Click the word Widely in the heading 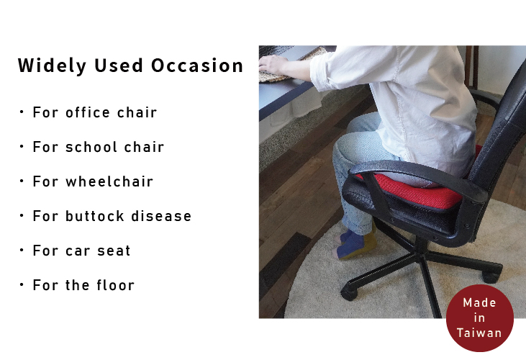[52, 66]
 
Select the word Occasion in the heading [197, 66]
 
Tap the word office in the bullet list [88, 112]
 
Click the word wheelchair [109, 181]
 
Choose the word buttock [95, 216]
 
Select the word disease [161, 216]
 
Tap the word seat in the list [114, 251]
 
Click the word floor [116, 285]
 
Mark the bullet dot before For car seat [22, 250]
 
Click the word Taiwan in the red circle [479, 333]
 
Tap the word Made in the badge [479, 302]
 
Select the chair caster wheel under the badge [491, 276]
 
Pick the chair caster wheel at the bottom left [349, 293]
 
